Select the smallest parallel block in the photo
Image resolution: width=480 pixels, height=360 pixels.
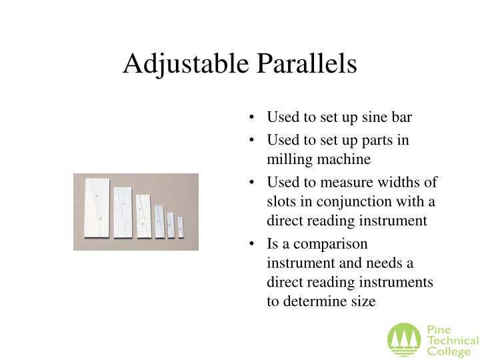180,227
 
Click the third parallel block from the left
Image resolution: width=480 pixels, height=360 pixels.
143,216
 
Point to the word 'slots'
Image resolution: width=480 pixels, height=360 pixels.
281,202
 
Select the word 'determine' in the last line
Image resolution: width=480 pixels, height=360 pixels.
318,301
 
